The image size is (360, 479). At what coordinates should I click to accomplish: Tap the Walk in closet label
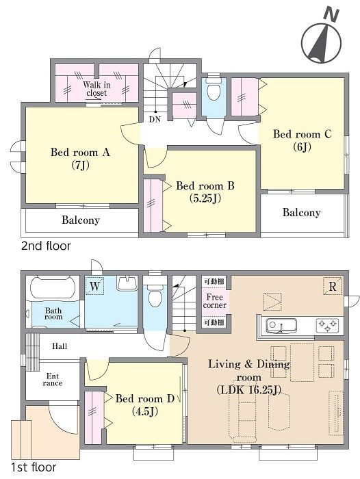(97, 88)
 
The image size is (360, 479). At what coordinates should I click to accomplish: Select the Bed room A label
(80, 152)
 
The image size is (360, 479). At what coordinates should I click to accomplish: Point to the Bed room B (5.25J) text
(205, 192)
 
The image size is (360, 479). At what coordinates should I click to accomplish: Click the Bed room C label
(302, 134)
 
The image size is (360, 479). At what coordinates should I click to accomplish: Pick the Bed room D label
(145, 399)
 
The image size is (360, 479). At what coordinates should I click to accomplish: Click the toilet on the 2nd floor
(214, 89)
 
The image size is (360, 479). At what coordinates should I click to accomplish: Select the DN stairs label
(155, 120)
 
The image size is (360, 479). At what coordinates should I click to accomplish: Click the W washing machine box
(94, 286)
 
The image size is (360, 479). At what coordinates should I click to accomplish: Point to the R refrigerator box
(333, 286)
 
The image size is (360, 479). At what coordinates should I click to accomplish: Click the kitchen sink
(281, 326)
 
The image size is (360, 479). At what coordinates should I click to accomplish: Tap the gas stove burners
(327, 325)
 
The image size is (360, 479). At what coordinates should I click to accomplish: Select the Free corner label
(214, 301)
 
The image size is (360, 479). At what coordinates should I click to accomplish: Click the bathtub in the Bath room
(53, 288)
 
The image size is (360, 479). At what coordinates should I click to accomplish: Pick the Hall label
(60, 346)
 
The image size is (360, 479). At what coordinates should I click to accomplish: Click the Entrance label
(53, 379)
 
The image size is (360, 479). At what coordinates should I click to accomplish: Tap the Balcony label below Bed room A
(81, 220)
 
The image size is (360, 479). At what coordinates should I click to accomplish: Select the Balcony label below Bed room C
(302, 212)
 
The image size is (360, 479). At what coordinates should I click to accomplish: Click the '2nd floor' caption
(46, 246)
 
